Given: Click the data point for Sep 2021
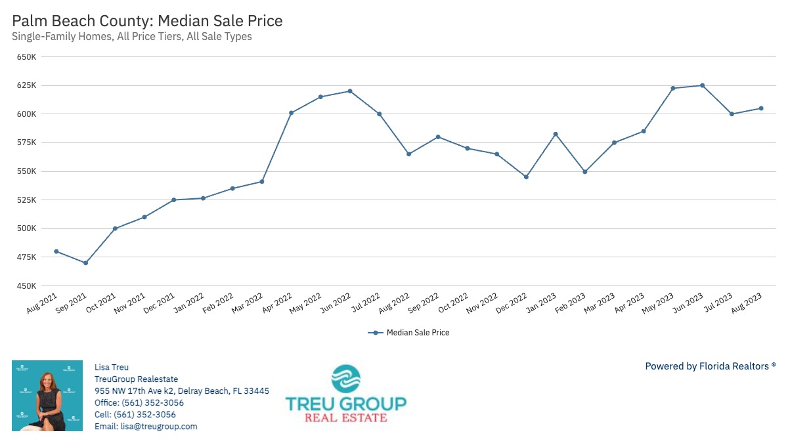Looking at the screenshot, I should (85, 263).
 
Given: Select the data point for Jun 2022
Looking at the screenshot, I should (350, 91).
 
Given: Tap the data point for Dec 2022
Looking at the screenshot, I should (526, 177).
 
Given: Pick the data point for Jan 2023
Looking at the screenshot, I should (556, 134).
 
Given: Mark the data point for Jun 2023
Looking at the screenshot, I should (702, 85).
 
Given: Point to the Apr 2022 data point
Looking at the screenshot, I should (291, 112).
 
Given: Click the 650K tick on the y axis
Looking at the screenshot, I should (27, 57).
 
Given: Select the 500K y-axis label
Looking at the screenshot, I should (27, 228).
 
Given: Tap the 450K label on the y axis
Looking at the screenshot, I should (27, 286).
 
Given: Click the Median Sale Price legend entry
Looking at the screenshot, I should (410, 333).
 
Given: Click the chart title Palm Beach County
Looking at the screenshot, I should (147, 21).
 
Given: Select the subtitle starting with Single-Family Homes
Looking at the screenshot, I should (132, 37).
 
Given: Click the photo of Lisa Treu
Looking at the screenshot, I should (47, 396).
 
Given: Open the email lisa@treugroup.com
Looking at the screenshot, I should (146, 427).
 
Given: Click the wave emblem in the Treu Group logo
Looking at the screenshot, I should (345, 379).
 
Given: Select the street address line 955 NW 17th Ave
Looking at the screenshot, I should (182, 391).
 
